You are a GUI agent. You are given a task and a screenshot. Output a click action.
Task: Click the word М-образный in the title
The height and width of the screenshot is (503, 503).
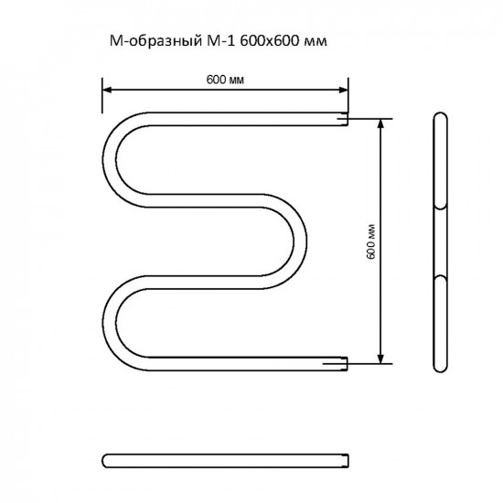(x=155, y=41)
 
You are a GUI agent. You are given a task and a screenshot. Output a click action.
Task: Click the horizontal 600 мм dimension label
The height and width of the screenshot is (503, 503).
(x=225, y=80)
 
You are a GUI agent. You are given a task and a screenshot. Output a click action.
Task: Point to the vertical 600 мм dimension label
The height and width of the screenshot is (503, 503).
(x=370, y=241)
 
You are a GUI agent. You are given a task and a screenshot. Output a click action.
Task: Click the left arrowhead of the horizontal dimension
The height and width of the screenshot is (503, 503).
(x=107, y=90)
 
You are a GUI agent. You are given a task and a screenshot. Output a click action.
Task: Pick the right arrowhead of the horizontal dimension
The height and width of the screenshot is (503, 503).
(x=344, y=90)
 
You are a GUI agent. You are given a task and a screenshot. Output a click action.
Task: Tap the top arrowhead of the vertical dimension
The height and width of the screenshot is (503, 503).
(x=380, y=123)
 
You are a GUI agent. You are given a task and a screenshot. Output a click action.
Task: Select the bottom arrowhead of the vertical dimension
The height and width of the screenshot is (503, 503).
(x=380, y=359)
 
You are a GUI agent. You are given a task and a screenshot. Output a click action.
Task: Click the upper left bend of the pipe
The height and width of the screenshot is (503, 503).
(x=109, y=160)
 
